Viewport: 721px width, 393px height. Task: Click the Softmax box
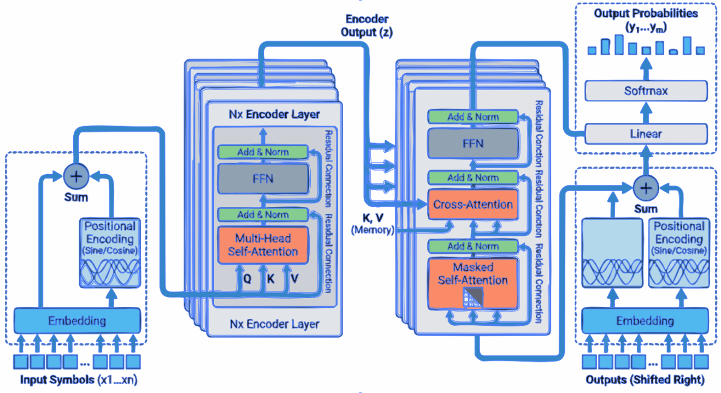pyautogui.click(x=646, y=91)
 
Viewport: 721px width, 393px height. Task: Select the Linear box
pyautogui.click(x=646, y=133)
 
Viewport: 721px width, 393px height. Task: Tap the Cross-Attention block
pyautogui.click(x=472, y=205)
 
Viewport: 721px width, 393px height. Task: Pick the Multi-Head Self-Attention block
pyautogui.click(x=263, y=245)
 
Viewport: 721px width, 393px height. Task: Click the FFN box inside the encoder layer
pyautogui.click(x=263, y=178)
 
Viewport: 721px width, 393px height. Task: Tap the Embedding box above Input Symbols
pyautogui.click(x=77, y=320)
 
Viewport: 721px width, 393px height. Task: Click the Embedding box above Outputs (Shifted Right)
pyautogui.click(x=645, y=320)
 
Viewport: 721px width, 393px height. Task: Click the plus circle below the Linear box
pyautogui.click(x=646, y=188)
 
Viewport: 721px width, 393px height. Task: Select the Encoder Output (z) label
pyautogui.click(x=367, y=26)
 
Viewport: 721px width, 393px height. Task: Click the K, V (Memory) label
pyautogui.click(x=372, y=224)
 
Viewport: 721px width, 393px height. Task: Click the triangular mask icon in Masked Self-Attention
pyautogui.click(x=472, y=296)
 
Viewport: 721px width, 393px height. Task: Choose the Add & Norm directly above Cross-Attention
pyautogui.click(x=472, y=177)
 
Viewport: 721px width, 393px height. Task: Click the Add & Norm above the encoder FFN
pyautogui.click(x=263, y=152)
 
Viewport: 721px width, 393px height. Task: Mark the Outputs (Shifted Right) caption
pyautogui.click(x=645, y=379)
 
